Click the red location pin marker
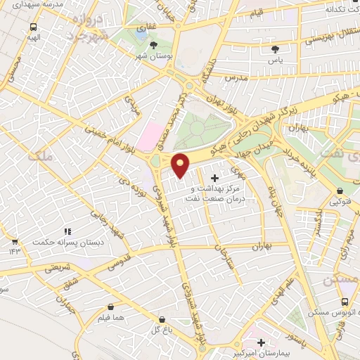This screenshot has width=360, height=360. coord(181,165)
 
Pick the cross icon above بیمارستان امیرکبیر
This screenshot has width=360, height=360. coord(261,342)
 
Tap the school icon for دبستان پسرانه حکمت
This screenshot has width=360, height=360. coord(67,231)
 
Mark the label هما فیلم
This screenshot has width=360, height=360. coord(112,319)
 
